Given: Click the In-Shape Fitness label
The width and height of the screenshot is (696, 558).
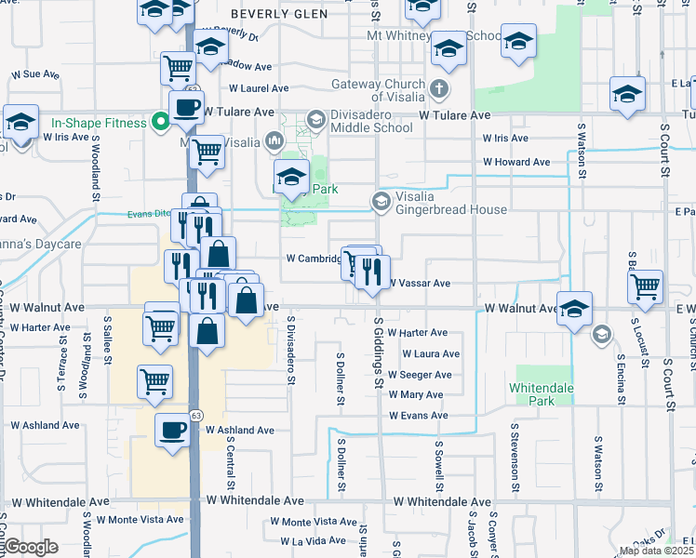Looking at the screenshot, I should [x=99, y=123].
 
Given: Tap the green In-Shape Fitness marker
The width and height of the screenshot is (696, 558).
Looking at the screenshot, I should [x=160, y=122].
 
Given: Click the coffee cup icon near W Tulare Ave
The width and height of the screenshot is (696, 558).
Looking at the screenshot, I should [x=186, y=107].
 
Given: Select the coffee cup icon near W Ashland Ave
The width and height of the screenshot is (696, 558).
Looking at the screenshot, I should [x=172, y=431].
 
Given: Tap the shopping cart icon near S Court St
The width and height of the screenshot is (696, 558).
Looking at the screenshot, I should [x=645, y=288].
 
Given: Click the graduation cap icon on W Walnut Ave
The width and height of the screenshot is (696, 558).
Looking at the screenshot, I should [x=575, y=310].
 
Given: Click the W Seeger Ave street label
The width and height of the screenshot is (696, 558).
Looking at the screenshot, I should [x=420, y=375].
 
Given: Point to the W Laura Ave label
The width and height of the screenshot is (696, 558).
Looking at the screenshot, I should [x=431, y=353].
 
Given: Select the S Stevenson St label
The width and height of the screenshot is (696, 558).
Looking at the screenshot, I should [x=513, y=461].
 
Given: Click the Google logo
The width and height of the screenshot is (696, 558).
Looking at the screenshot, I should [x=31, y=547].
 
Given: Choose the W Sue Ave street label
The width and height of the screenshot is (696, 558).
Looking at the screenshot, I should [x=35, y=73].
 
